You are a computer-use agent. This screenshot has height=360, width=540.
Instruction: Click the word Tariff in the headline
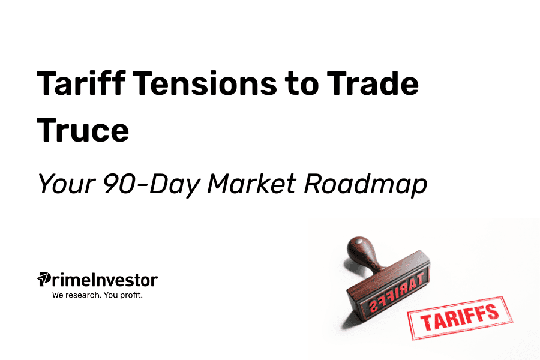point(81,83)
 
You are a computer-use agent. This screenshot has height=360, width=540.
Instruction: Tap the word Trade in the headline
point(373,83)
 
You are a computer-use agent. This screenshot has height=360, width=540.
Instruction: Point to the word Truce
point(83,130)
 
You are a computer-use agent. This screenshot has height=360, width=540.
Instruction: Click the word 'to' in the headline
point(302,84)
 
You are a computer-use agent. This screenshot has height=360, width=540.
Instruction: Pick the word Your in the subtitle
point(66,184)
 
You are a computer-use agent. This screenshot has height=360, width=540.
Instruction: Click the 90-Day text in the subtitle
point(151,185)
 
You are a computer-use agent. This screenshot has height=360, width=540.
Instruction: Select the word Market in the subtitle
point(251,184)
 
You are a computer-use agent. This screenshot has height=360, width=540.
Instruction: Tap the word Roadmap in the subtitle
point(365,185)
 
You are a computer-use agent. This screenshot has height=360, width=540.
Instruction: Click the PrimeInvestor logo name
point(97,280)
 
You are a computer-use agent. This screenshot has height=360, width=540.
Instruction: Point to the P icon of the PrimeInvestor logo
point(43,279)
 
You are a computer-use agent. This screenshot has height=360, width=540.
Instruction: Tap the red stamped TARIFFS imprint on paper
point(460,317)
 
